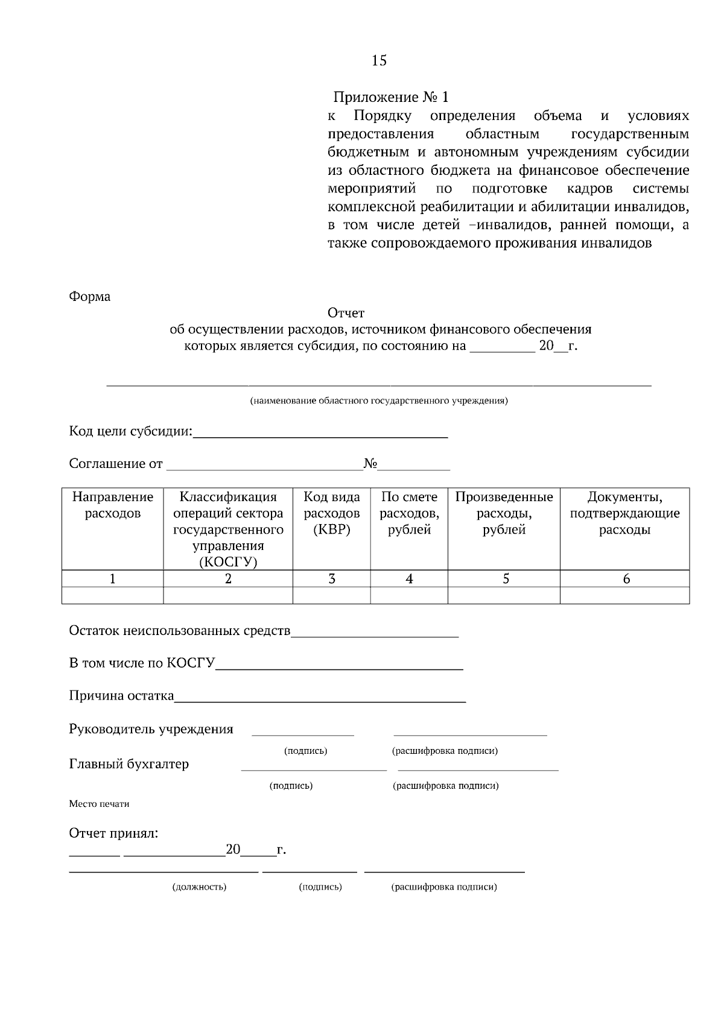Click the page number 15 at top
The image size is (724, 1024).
click(x=379, y=60)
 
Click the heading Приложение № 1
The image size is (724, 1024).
click(x=391, y=97)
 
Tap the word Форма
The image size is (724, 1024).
click(x=89, y=297)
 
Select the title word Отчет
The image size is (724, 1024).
click(x=346, y=313)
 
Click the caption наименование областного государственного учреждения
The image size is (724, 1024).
click(x=379, y=400)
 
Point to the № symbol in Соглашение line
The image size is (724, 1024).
click(x=370, y=464)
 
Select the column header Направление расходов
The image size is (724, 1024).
click(x=113, y=505)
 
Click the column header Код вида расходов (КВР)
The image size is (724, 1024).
click(x=331, y=513)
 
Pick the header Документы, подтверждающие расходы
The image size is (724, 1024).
click(x=624, y=513)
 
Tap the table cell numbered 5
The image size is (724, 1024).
click(x=505, y=579)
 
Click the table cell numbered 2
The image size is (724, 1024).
click(x=228, y=579)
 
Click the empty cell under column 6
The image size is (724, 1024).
click(x=624, y=595)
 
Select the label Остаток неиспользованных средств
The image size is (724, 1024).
click(x=180, y=631)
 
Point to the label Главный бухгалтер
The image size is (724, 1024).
click(x=129, y=764)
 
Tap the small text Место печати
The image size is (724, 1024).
click(x=99, y=804)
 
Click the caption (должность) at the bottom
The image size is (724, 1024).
click(x=199, y=887)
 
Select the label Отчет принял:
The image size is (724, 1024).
click(x=114, y=833)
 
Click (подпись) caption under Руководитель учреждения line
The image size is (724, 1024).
click(x=305, y=751)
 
